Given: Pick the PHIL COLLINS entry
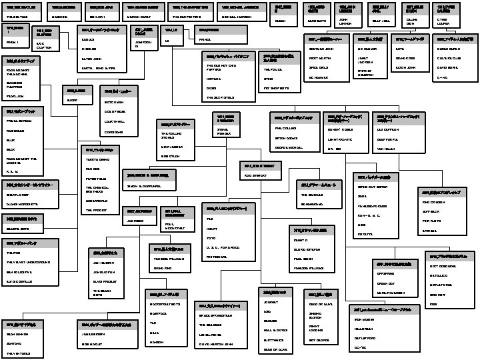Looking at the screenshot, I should coord(285,127).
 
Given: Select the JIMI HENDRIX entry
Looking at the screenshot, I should coord(104,263).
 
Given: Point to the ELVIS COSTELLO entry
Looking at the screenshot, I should coord(21,282).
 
